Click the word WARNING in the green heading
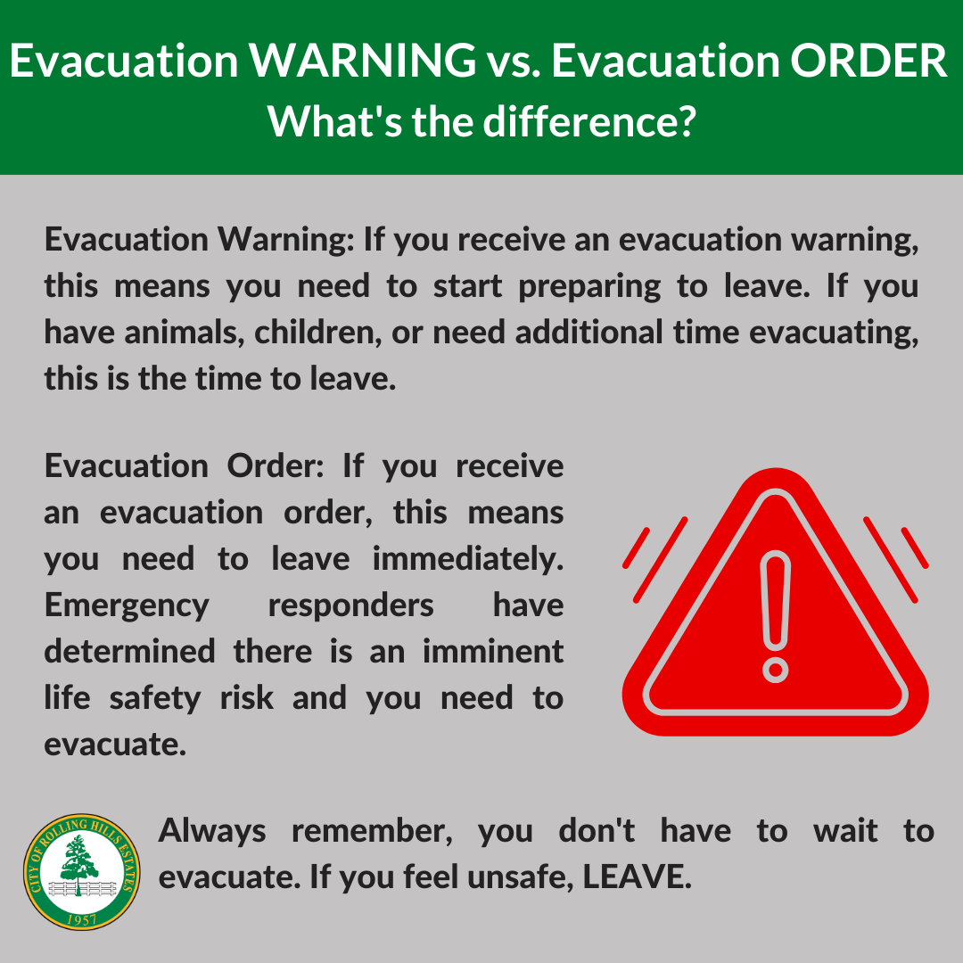coord(362,61)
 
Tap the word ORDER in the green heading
coord(868,61)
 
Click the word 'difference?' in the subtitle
coord(589,121)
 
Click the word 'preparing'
coord(589,287)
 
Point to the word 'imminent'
coord(492,651)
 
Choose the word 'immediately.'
coord(468,559)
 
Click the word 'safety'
coord(155,699)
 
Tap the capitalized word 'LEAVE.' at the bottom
coord(637,877)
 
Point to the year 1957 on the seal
coord(82,918)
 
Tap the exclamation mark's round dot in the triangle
coord(775,670)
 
